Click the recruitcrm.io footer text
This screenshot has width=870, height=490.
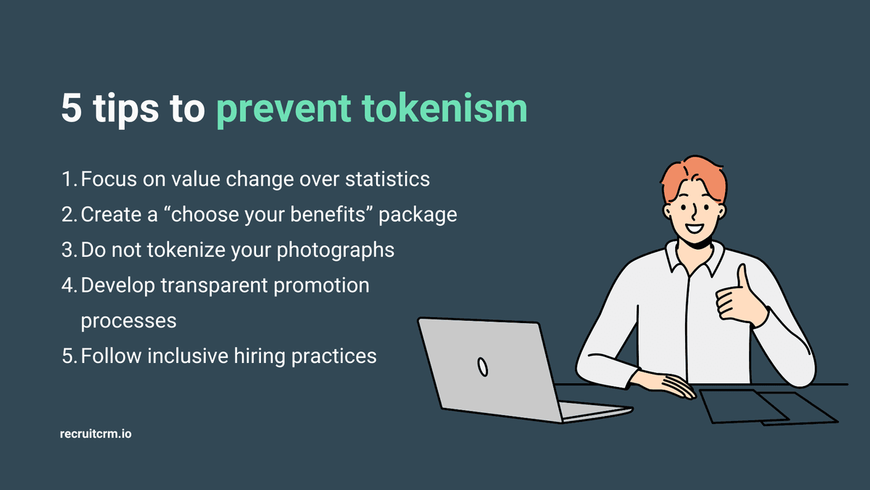[96, 435]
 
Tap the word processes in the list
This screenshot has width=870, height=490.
[128, 320]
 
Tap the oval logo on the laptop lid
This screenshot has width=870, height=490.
[481, 367]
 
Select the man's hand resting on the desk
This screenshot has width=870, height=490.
[663, 383]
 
